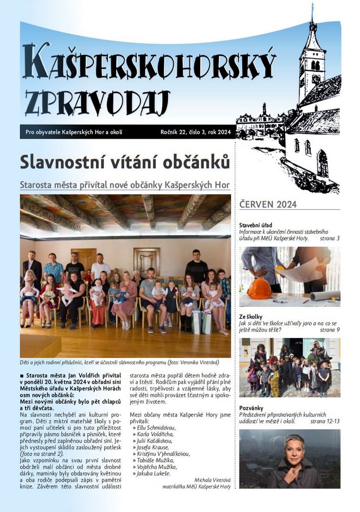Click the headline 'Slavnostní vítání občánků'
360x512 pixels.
pyautogui.click(x=125, y=162)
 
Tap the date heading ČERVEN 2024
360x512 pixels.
pyautogui.click(x=267, y=204)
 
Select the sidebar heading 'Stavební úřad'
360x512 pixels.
pyautogui.click(x=256, y=225)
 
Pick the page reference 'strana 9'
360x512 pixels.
pyautogui.click(x=330, y=330)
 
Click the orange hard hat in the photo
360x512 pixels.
pyautogui.click(x=260, y=288)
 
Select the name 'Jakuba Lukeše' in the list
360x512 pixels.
pyautogui.click(x=153, y=473)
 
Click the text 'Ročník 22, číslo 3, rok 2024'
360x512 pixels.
pyautogui.click(x=195, y=132)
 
